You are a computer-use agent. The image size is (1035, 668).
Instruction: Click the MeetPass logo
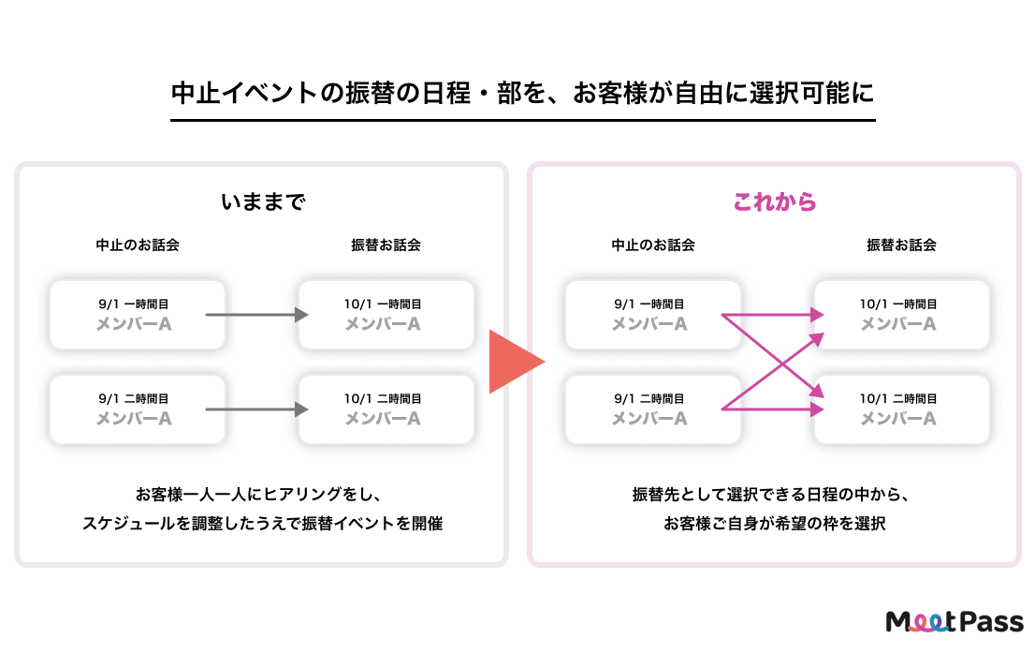point(955,621)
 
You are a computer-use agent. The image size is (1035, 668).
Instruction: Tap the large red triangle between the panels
point(513,361)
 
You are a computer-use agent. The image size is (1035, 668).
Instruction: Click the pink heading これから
point(774,201)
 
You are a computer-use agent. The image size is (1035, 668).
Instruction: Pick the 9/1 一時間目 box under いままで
point(138,315)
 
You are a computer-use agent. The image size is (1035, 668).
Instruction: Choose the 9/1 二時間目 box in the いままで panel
point(138,409)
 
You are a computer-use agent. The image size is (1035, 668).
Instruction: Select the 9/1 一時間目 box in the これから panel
point(653,315)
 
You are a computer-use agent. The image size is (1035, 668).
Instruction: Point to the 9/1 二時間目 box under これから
point(653,409)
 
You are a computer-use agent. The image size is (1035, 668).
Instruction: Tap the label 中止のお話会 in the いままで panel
point(138,245)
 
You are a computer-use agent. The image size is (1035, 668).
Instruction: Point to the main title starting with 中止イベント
point(523,95)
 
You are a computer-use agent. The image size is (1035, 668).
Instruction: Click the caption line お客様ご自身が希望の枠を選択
point(774,524)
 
